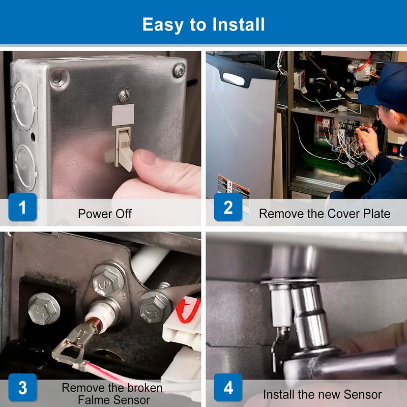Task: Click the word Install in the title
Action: click(x=239, y=24)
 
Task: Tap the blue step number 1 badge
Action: click(x=22, y=207)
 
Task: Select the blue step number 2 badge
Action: click(x=228, y=207)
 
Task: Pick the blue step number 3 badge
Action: click(x=22, y=388)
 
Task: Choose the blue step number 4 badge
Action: click(x=228, y=388)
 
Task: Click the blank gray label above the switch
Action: click(x=123, y=115)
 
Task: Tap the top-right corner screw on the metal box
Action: click(x=179, y=70)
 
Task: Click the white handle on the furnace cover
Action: click(x=234, y=79)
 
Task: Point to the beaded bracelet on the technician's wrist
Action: click(x=376, y=158)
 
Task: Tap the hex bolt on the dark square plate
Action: click(x=44, y=309)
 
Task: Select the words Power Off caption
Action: click(x=105, y=214)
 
